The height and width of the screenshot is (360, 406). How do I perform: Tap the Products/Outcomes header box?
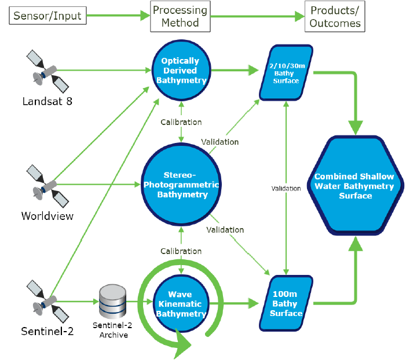point(335,16)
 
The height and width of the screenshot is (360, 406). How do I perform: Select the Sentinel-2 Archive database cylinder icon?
point(112,302)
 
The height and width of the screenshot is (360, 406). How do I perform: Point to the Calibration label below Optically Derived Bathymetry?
point(181,122)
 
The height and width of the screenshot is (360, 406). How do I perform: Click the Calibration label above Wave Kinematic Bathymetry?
point(181,251)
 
